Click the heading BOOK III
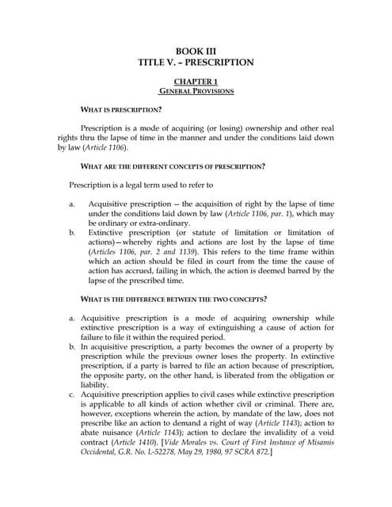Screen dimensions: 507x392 pos(196,49)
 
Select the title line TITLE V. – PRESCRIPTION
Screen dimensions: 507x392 pos(196,62)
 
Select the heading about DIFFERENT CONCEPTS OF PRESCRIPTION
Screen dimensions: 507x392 pos(173,166)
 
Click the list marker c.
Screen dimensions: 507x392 pos(72,394)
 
